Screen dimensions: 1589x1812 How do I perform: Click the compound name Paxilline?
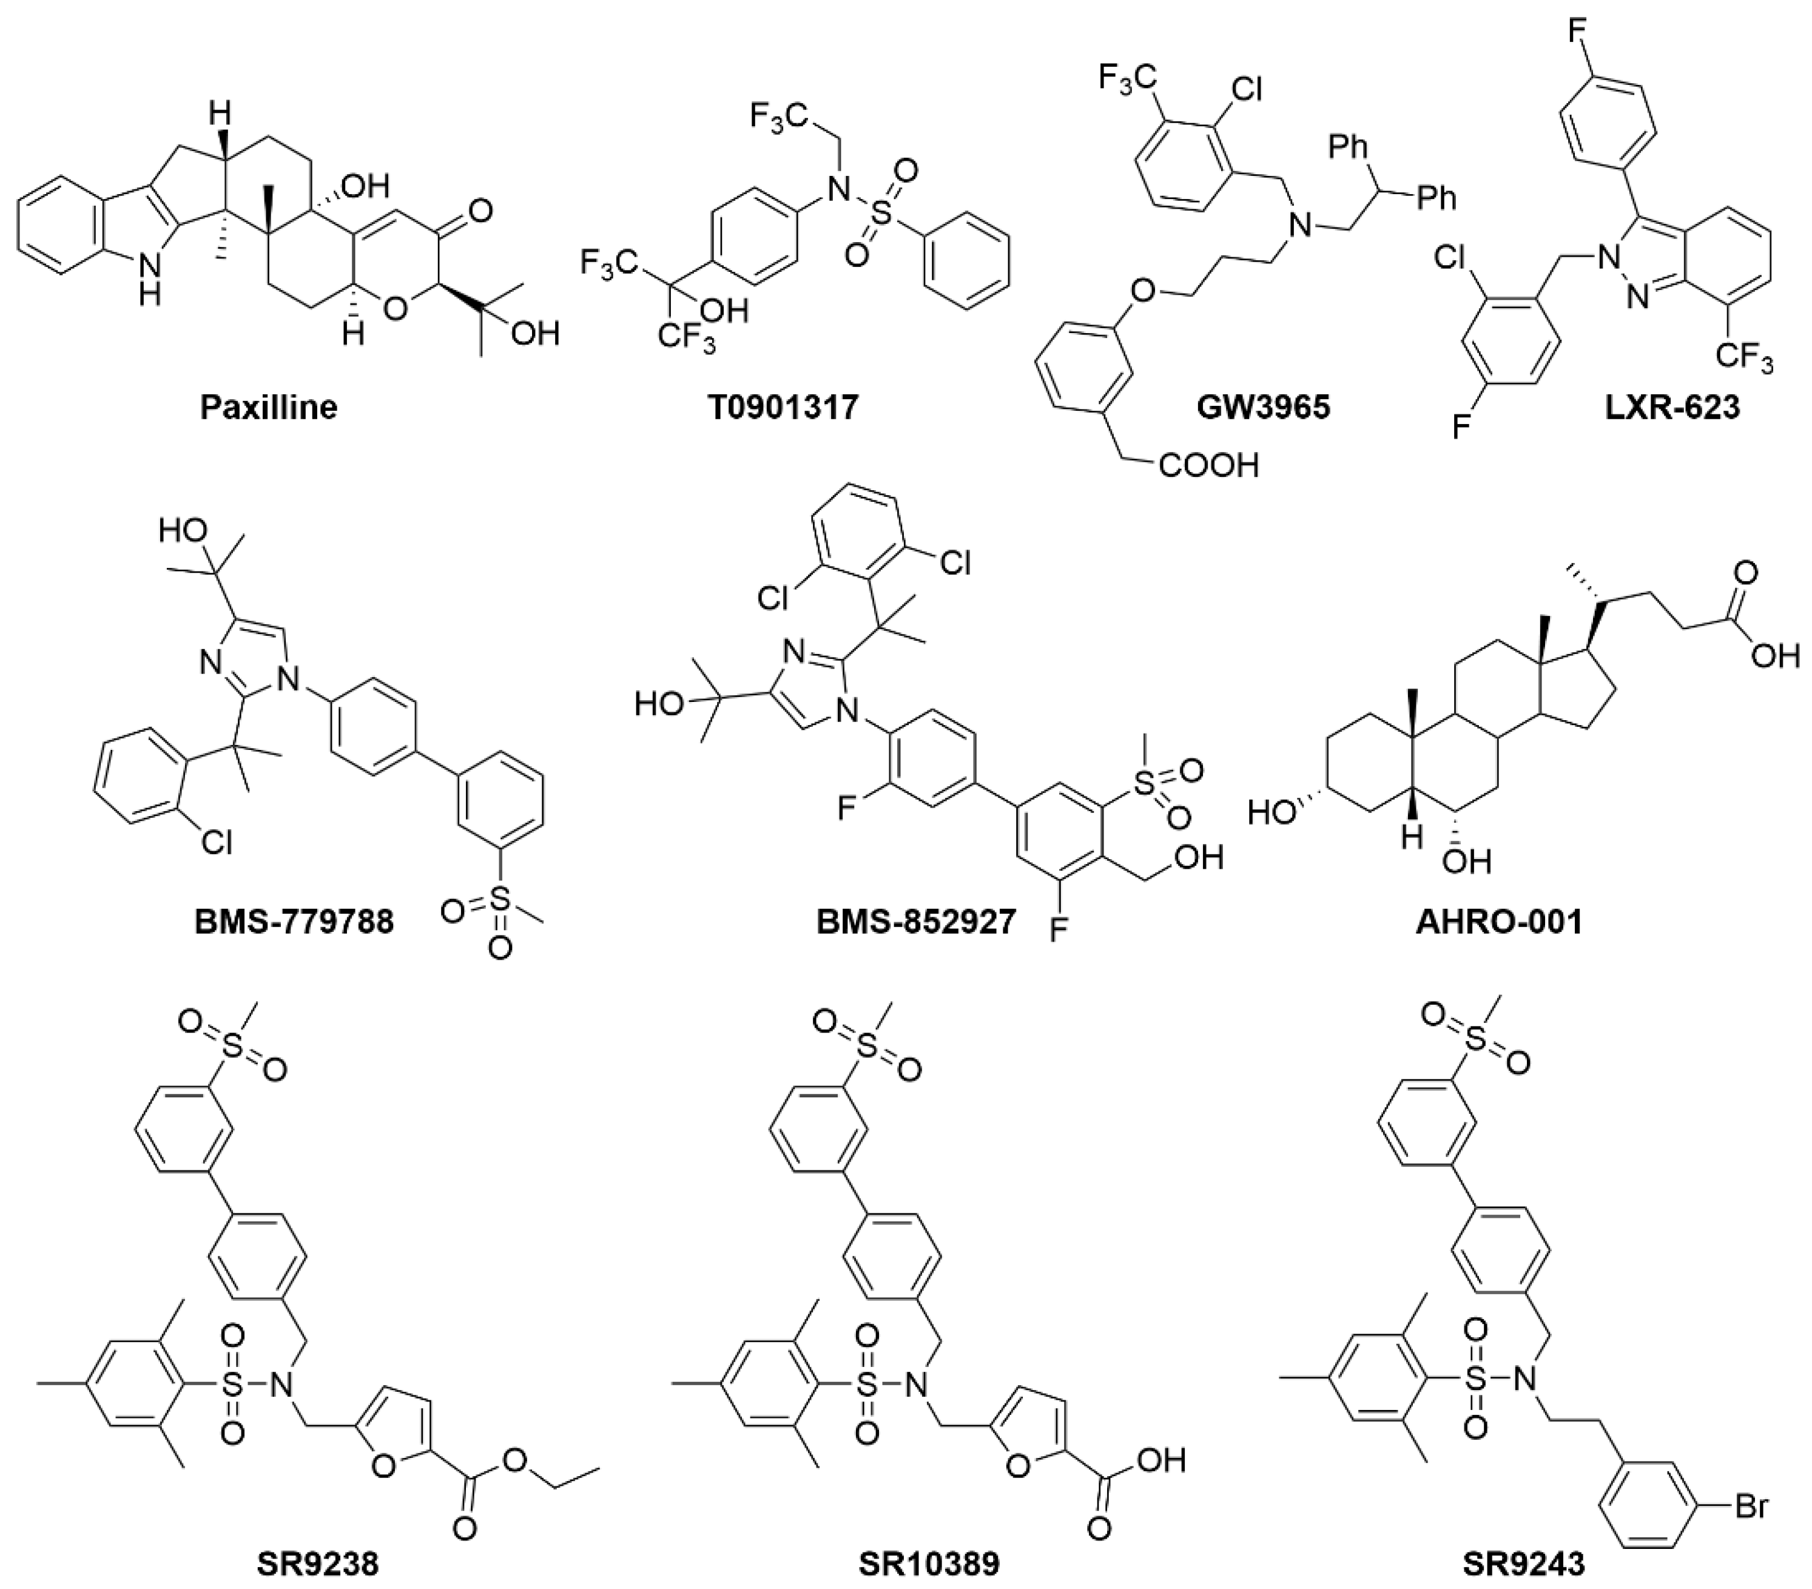[x=269, y=407]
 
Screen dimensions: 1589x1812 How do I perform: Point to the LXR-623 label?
[x=1672, y=407]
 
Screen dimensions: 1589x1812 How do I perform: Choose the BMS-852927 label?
[x=916, y=922]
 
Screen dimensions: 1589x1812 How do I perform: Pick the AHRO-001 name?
[x=1499, y=922]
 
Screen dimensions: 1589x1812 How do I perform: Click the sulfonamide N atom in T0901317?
[x=832, y=186]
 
